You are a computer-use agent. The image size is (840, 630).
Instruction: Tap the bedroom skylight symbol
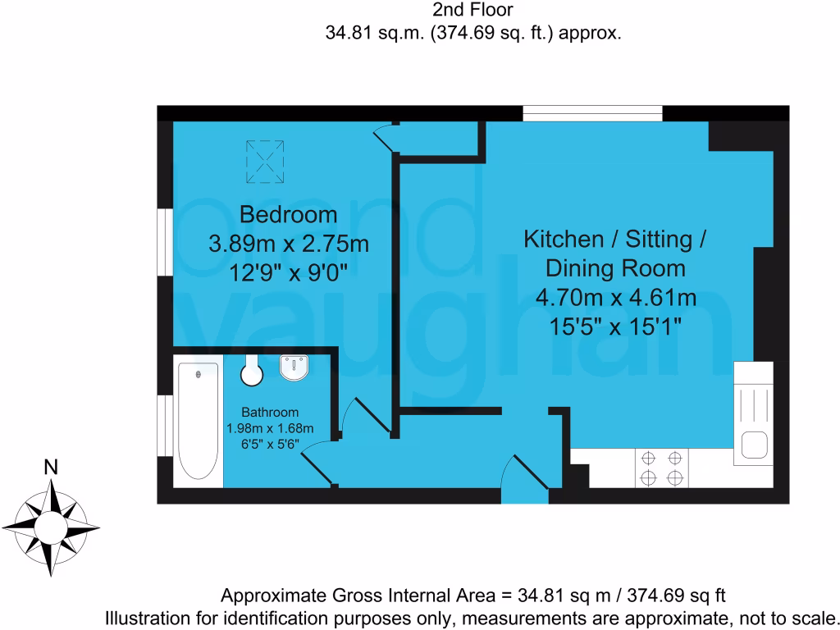(x=265, y=162)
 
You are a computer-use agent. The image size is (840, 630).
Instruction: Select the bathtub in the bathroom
(x=198, y=421)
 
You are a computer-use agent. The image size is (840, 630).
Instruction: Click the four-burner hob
(x=662, y=468)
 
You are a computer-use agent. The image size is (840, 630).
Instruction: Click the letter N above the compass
(x=51, y=468)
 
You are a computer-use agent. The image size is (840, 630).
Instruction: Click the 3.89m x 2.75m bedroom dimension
(x=288, y=244)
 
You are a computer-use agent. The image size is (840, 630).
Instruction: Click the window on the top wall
(x=592, y=114)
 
